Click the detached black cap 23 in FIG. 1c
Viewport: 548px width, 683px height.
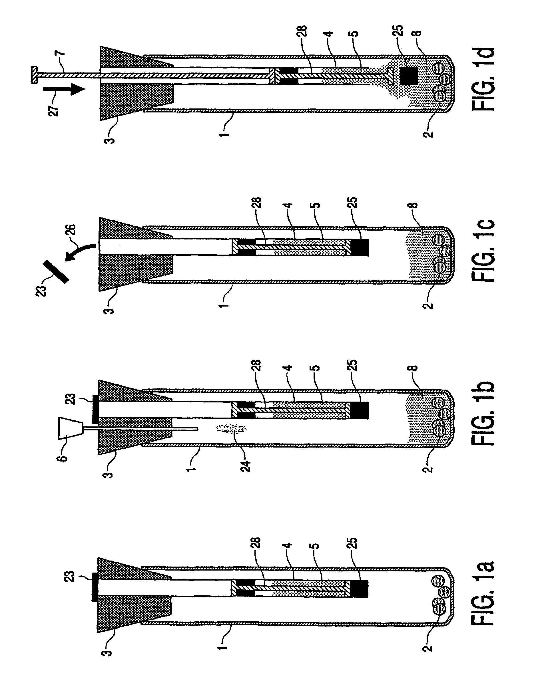[56, 271]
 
